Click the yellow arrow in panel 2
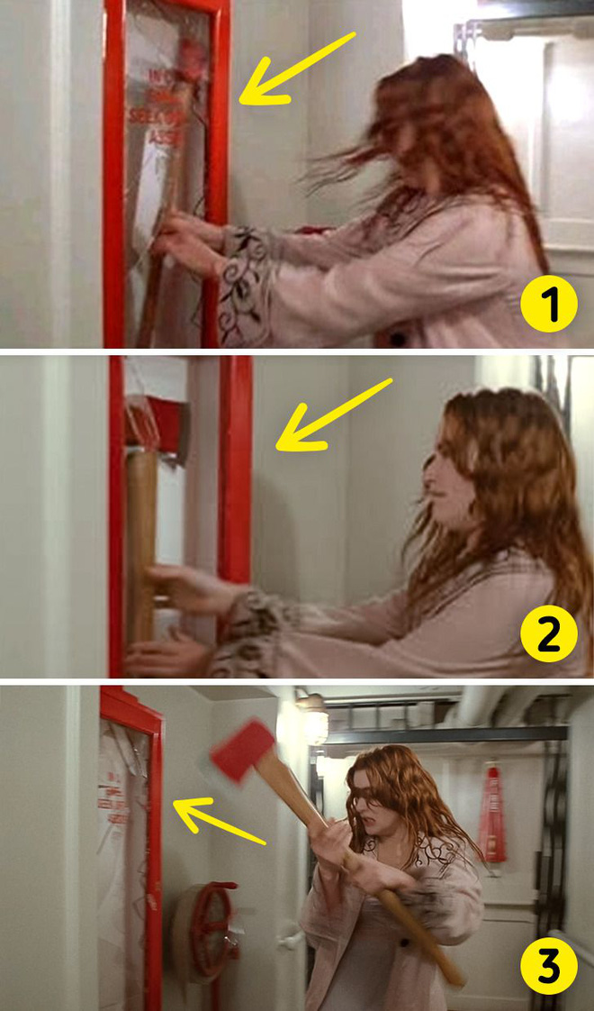[333, 414]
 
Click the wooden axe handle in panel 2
[141, 541]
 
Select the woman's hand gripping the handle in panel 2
[189, 590]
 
